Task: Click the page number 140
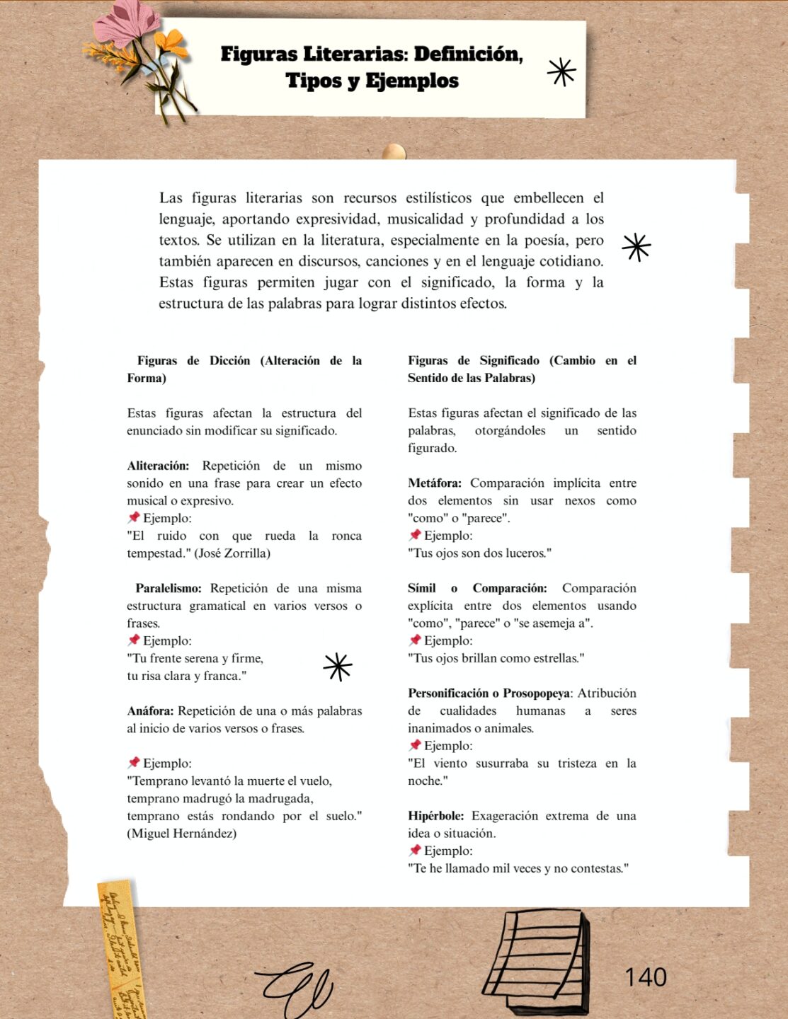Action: (645, 977)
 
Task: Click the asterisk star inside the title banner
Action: (561, 71)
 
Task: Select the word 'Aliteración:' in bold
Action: (158, 466)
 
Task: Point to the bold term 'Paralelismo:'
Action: (169, 588)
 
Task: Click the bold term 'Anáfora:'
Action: (150, 710)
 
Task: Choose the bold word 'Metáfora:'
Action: (434, 483)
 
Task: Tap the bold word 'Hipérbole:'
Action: (435, 816)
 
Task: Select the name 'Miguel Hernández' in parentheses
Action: (182, 834)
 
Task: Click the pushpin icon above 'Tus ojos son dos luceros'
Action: (415, 535)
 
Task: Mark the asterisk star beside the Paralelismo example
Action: (338, 667)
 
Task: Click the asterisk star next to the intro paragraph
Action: (636, 247)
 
